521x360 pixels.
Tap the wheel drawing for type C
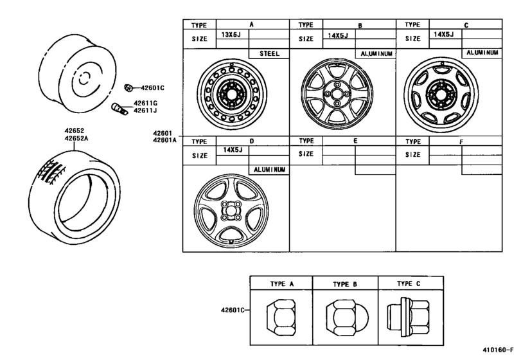[x=442, y=94]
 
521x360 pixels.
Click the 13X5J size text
[x=230, y=35]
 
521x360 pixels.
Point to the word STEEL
[x=269, y=54]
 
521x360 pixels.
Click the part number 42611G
[x=146, y=103]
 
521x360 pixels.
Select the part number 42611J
[x=146, y=111]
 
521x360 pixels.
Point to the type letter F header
[x=461, y=141]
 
